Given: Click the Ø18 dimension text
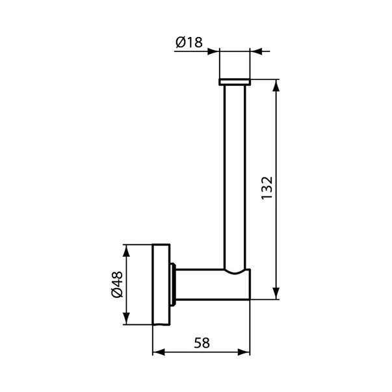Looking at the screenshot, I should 189,43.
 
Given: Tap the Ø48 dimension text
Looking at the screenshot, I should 116,285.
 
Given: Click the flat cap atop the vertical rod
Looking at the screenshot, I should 235,82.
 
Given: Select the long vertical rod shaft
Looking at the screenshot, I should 235,176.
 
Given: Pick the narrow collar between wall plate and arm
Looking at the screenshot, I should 173,285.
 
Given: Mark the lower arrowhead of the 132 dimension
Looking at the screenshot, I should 278,293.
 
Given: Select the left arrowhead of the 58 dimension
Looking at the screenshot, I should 159,353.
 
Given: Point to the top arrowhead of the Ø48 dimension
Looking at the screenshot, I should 127,251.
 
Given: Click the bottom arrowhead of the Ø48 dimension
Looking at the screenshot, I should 127,319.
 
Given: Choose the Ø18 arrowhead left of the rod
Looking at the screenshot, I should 215,50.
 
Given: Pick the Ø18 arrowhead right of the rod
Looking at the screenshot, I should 255,50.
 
